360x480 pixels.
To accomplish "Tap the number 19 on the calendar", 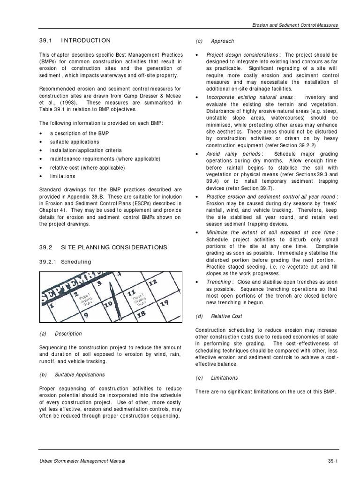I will [165, 303].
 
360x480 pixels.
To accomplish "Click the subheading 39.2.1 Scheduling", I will [65, 262].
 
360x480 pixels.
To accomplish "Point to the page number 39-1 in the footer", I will [333, 461].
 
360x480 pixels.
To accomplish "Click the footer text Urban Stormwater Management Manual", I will [82, 461].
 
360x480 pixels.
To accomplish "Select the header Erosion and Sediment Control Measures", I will [296, 25].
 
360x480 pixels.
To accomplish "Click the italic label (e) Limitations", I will [216, 378].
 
